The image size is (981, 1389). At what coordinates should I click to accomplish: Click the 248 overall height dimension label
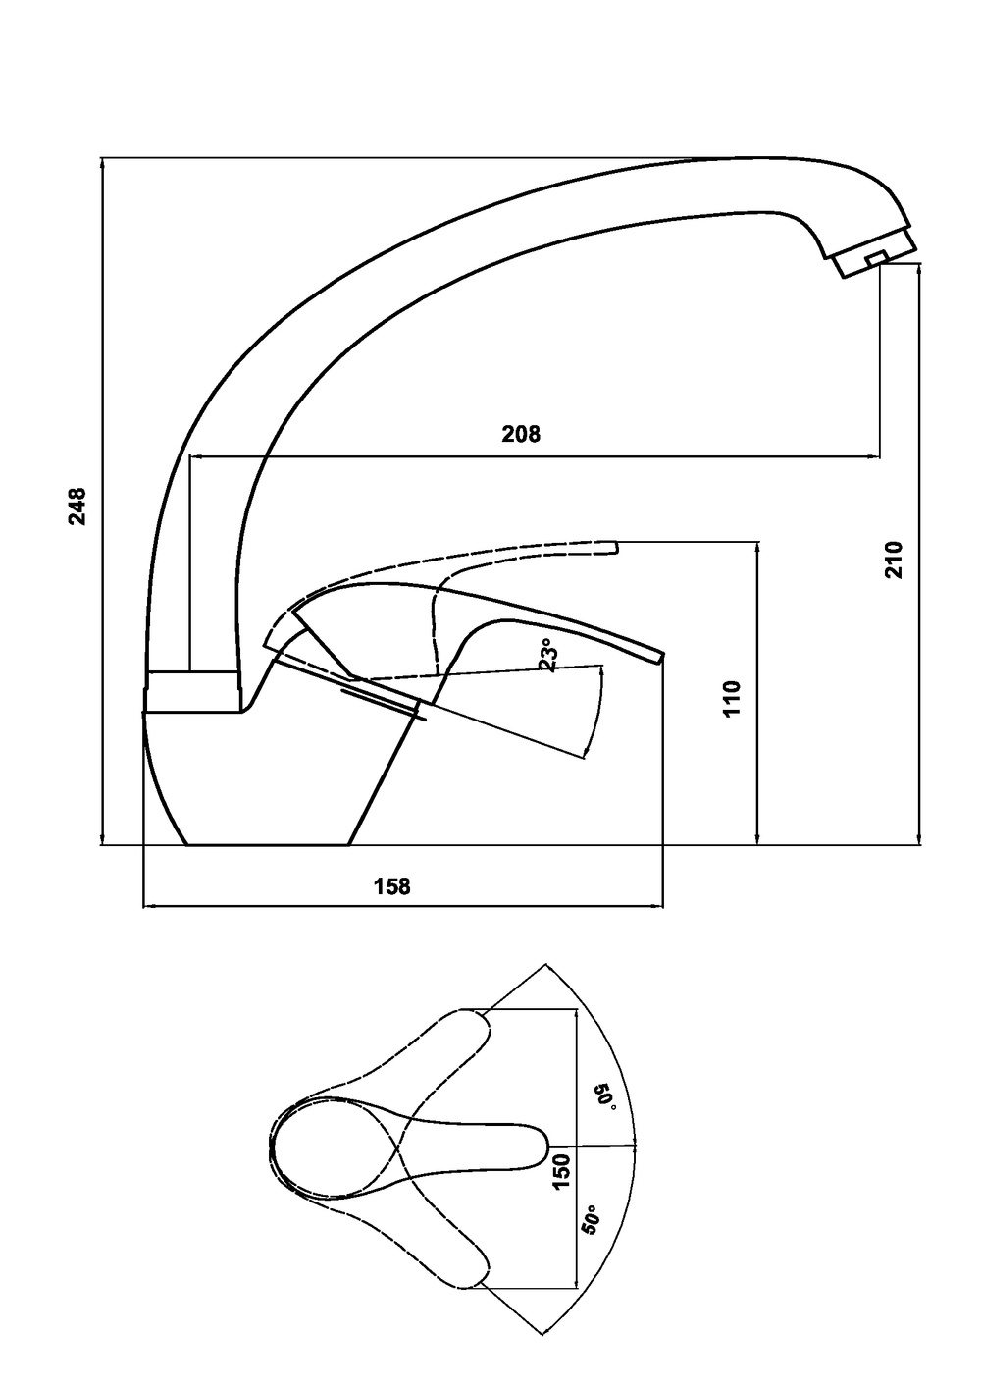pos(78,507)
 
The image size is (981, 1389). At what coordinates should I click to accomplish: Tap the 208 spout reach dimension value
pos(521,434)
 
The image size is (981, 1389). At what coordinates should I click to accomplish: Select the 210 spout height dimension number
pos(894,560)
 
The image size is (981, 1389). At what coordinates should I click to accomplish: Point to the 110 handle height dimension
pos(732,699)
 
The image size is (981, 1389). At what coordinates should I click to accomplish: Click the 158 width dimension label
pos(391,886)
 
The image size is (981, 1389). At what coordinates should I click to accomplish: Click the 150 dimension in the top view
pos(561,1171)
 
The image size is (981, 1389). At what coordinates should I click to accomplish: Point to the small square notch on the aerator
pos(876,258)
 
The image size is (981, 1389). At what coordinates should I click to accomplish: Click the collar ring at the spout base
pos(193,691)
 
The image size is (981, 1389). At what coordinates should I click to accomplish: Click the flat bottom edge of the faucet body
pos(268,844)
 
